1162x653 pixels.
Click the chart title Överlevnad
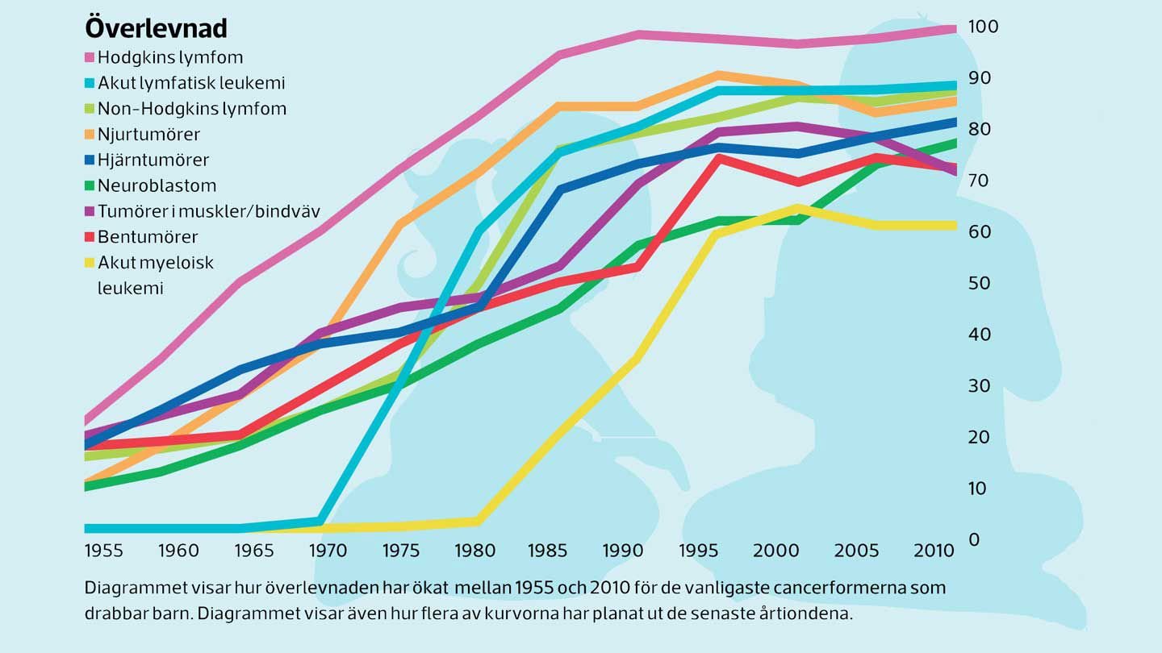pos(157,28)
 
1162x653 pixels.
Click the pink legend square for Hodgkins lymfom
pos(90,57)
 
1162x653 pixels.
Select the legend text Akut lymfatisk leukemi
pos(191,82)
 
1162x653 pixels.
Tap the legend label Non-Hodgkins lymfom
pos(192,108)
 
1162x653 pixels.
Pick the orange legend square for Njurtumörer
pos(90,134)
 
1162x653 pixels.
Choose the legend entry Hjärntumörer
pos(153,160)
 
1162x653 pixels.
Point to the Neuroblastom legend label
pos(157,185)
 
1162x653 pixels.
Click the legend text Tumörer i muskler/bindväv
pos(209,211)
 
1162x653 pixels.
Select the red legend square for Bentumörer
pos(90,237)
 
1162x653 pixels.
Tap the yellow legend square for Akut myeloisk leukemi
pos(90,263)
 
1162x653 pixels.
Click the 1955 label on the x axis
pos(104,551)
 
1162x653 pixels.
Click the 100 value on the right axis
pos(984,27)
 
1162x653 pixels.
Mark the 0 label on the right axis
pos(974,539)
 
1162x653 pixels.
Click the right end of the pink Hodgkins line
pos(955,30)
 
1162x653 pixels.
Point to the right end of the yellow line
pos(955,226)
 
